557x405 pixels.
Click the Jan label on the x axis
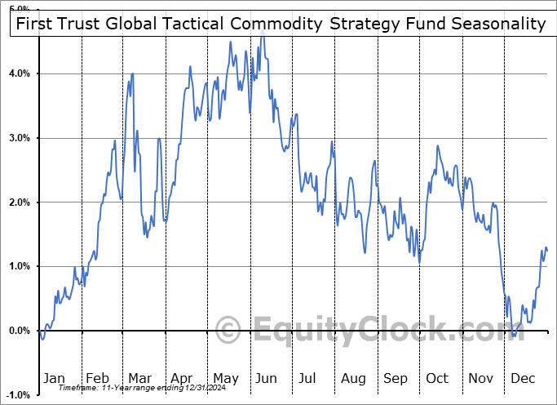pyautogui.click(x=54, y=378)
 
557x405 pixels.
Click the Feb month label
pyautogui.click(x=97, y=378)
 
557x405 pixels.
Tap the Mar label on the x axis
pyautogui.click(x=139, y=378)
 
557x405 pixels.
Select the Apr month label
pyautogui.click(x=182, y=378)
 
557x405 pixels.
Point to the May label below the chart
pyautogui.click(x=225, y=378)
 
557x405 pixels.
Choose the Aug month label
pyautogui.click(x=353, y=378)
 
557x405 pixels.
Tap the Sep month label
pyautogui.click(x=396, y=378)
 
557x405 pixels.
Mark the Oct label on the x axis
pyautogui.click(x=438, y=378)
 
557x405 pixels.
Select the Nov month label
pyautogui.click(x=480, y=378)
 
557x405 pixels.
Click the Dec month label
pyautogui.click(x=524, y=378)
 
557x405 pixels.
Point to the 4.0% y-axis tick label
pyautogui.click(x=19, y=73)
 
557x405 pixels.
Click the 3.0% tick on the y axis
pyautogui.click(x=19, y=138)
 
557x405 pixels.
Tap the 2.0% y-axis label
pyautogui.click(x=19, y=202)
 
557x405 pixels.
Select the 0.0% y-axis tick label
pyautogui.click(x=19, y=331)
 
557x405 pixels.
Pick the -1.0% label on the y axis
pyautogui.click(x=17, y=395)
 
